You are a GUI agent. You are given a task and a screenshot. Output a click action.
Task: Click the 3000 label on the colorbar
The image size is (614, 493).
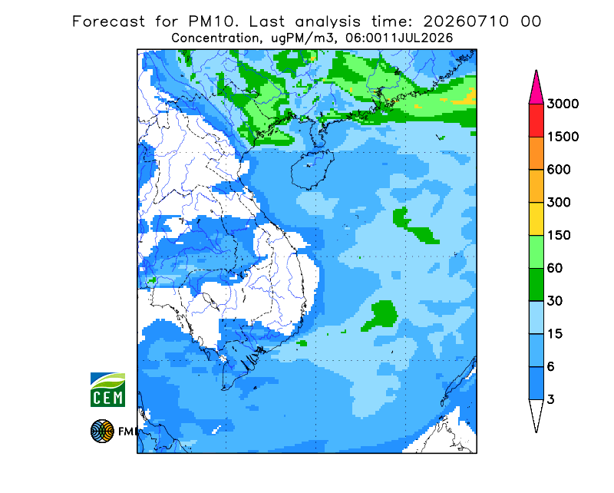coord(563,104)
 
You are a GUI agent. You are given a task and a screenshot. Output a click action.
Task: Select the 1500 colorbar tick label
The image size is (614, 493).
coord(563,137)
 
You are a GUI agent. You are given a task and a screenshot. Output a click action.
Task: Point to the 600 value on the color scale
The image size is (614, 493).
coord(559,170)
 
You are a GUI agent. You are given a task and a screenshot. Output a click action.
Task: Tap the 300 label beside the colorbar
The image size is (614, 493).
coord(559,203)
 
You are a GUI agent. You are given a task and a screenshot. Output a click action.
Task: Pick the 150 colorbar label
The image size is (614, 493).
coord(559,236)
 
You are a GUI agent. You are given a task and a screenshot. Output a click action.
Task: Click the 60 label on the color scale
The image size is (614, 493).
coord(555,269)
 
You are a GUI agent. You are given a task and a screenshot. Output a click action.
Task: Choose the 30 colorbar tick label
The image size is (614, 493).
coord(555,301)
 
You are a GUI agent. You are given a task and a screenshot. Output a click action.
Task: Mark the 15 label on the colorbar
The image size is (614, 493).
coord(555,334)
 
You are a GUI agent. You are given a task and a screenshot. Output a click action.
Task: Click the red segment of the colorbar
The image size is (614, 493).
coord(536,121)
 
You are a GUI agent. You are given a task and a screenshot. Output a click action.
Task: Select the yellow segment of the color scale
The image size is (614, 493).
coord(536,219)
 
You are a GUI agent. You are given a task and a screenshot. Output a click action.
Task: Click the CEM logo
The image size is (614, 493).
coord(107,389)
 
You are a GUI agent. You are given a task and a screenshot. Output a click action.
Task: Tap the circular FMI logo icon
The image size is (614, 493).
coord(102,431)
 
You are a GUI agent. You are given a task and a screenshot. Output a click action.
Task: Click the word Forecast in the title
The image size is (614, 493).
coord(108,22)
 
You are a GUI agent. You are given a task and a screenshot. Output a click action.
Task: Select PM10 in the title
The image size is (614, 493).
coord(213,22)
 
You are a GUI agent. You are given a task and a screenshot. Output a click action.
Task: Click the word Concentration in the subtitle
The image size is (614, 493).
coord(215,38)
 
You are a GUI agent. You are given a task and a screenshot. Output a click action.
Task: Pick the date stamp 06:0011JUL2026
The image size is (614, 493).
coord(399,38)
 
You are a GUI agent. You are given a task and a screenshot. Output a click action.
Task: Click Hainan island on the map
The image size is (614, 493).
coord(312,169)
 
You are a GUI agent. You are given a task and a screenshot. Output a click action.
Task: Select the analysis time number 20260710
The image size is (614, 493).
coord(466,22)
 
